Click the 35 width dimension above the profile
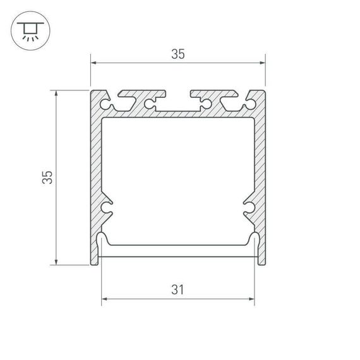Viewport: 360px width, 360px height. [x=177, y=54]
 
